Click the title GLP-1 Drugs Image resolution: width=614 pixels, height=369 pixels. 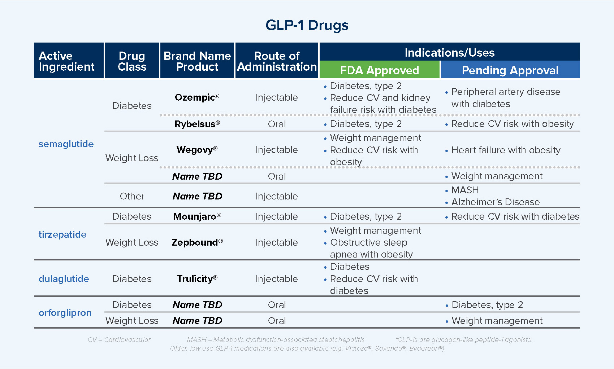pos(307,25)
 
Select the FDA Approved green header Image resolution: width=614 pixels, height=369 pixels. pos(379,70)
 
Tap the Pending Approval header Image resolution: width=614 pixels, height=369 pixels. pos(510,70)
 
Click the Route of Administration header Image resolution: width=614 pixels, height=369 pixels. pos(277,61)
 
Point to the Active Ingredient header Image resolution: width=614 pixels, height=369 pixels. pos(66,61)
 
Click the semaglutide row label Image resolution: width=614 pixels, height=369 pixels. pos(66,144)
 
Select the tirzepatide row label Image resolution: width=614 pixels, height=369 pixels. pos(62,234)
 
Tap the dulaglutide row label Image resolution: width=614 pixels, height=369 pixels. pos(64,279)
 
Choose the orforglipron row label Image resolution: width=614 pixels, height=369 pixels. pos(65,313)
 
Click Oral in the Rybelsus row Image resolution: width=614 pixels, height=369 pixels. pos(277,124)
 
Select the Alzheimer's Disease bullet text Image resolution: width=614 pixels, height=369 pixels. pos(495,202)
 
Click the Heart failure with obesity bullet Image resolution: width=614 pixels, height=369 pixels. pos(506,150)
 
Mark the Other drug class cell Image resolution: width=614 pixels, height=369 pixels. pos(132,196)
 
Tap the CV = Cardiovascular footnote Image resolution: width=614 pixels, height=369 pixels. pos(119,340)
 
